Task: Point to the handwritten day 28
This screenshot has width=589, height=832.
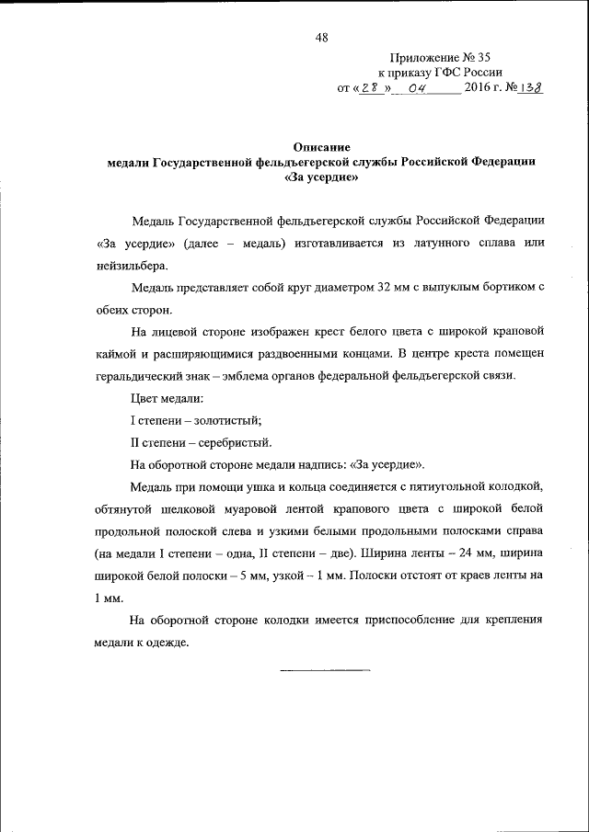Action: pyautogui.click(x=370, y=88)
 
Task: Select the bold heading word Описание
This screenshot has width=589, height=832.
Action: pyautogui.click(x=321, y=146)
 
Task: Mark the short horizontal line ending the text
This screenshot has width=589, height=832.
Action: pyautogui.click(x=325, y=669)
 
